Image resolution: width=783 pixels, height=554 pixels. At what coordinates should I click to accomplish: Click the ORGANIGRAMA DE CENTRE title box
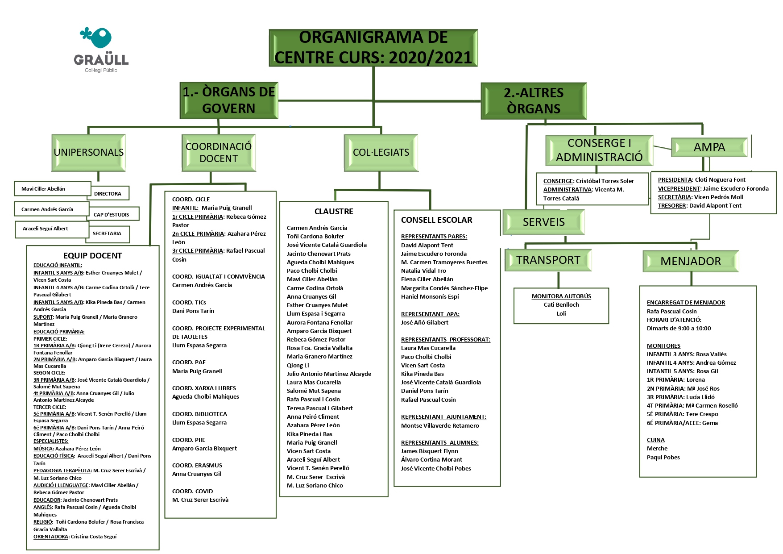pyautogui.click(x=373, y=48)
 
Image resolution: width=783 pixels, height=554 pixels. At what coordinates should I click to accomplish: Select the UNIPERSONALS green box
pyautogui.click(x=89, y=153)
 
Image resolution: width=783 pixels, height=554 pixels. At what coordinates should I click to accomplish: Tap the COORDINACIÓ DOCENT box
pyautogui.click(x=219, y=153)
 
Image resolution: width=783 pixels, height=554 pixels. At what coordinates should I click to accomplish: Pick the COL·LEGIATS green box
pyautogui.click(x=381, y=153)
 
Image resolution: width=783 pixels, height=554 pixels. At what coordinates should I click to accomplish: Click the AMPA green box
pyautogui.click(x=709, y=147)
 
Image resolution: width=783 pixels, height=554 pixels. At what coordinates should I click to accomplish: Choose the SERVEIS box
pyautogui.click(x=543, y=222)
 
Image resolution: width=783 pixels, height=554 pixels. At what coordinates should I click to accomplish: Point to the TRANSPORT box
pyautogui.click(x=548, y=260)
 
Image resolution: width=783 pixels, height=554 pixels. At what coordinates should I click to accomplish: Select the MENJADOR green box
pyautogui.click(x=691, y=261)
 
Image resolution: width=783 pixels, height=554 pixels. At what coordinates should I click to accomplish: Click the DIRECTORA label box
pyautogui.click(x=108, y=194)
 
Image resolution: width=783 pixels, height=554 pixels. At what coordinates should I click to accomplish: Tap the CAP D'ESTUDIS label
pyautogui.click(x=112, y=215)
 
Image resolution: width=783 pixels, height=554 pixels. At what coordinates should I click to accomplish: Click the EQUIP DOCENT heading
pyautogui.click(x=92, y=256)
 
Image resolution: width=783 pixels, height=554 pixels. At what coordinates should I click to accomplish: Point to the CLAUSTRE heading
pyautogui.click(x=334, y=212)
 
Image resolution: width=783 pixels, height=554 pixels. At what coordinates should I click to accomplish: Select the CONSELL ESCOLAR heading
pyautogui.click(x=436, y=220)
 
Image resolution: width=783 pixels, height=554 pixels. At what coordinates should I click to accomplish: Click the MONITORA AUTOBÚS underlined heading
pyautogui.click(x=561, y=296)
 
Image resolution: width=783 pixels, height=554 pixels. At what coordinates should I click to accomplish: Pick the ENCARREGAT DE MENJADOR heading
pyautogui.click(x=686, y=303)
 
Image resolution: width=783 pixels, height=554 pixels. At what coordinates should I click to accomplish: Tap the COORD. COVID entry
pyautogui.click(x=193, y=492)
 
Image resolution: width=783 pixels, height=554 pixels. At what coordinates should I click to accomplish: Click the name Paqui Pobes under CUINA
pyautogui.click(x=663, y=458)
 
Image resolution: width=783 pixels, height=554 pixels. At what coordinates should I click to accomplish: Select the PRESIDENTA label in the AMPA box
pyautogui.click(x=675, y=180)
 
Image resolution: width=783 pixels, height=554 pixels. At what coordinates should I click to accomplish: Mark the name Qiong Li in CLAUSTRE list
pyautogui.click(x=298, y=366)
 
